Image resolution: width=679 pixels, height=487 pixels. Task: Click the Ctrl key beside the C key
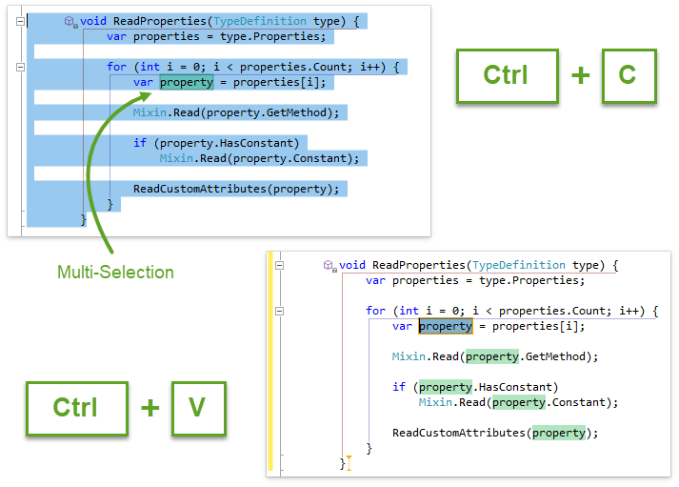coord(506,75)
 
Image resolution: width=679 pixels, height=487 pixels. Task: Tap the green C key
coord(629,75)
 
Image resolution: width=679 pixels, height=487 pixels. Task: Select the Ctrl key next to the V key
coord(76,407)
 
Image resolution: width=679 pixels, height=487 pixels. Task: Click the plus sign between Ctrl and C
coord(580,75)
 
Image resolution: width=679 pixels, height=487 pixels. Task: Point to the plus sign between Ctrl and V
coord(150,407)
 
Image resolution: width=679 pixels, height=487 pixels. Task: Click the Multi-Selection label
coord(115,273)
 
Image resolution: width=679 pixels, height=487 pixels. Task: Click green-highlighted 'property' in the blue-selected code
coord(187,82)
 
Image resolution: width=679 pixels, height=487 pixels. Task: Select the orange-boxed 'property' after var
coord(446,326)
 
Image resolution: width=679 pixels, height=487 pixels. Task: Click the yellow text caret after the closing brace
coord(349,463)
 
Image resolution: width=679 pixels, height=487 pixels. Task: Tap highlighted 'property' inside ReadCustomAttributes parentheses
coord(559,433)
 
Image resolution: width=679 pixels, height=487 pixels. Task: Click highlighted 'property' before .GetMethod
coord(492,356)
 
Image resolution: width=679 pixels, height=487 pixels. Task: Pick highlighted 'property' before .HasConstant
coord(446,387)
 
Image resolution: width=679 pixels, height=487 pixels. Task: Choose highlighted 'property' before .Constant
coord(519,402)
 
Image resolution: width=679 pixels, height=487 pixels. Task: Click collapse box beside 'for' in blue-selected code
coord(19,67)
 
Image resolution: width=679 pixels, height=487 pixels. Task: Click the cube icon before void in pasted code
coord(329,265)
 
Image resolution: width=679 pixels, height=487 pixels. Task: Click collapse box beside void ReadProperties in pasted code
coord(279,265)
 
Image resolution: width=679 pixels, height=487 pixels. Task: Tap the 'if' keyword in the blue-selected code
coord(139,143)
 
